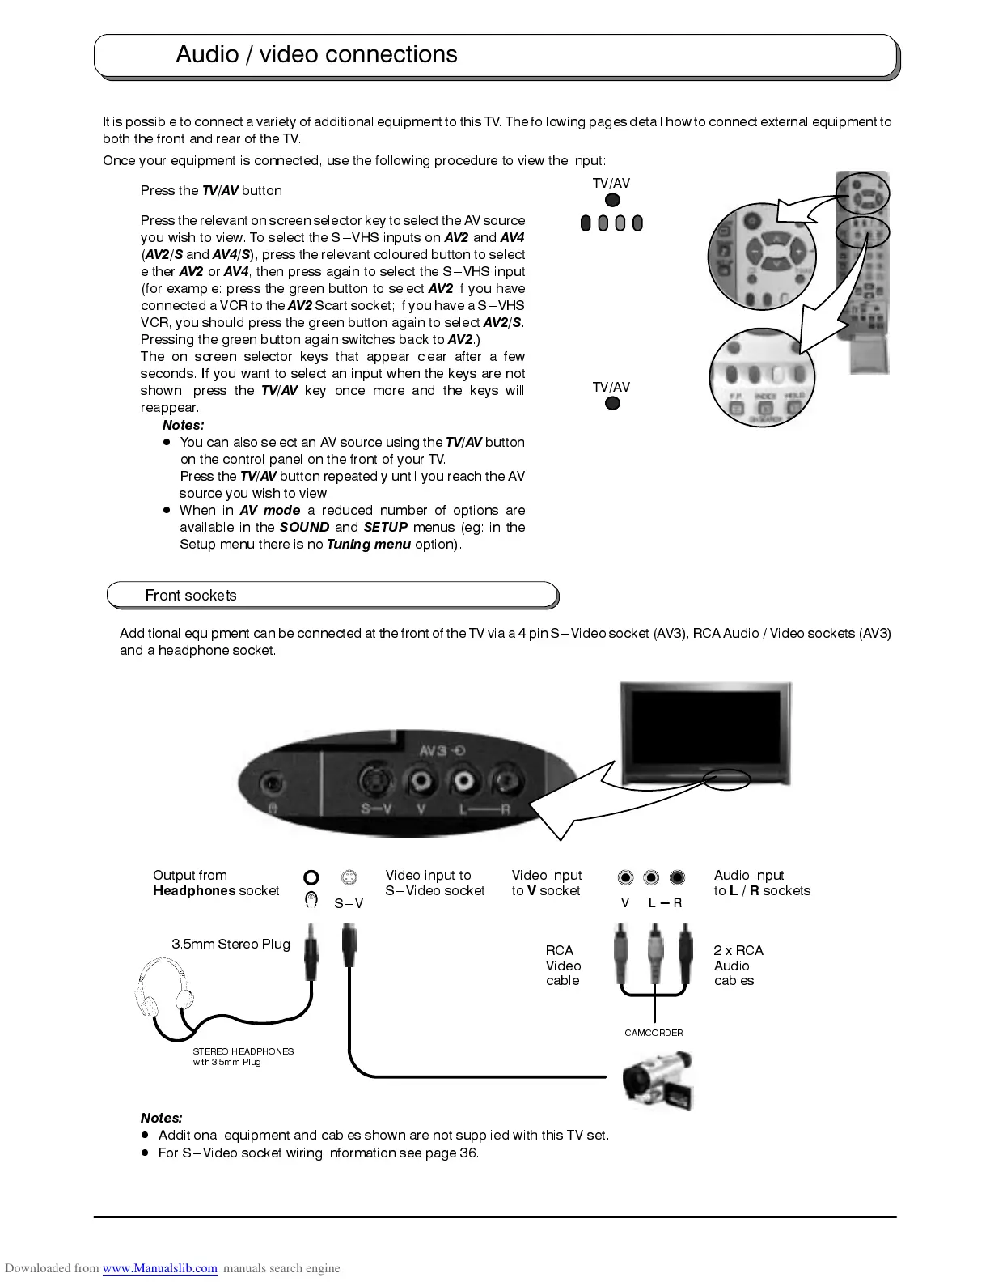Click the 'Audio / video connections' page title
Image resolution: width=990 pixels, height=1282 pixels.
coord(316,54)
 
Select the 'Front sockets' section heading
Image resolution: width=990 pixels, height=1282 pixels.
coord(191,595)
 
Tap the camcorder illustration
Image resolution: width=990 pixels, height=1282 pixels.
coord(658,1080)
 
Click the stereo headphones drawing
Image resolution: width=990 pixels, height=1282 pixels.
coord(164,995)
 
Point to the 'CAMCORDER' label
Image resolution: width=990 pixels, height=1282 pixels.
coord(654,1033)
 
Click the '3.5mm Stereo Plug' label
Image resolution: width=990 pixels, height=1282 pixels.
coord(231,944)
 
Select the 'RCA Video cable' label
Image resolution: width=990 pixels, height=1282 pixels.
coord(563,966)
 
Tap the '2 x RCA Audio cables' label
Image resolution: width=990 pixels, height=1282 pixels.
coord(738,966)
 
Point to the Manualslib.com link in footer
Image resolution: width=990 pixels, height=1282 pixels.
coord(159,1268)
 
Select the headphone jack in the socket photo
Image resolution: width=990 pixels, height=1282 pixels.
coord(273,784)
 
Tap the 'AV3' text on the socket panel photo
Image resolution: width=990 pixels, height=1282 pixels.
coord(434,750)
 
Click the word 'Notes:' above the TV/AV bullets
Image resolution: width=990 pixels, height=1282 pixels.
coord(183,425)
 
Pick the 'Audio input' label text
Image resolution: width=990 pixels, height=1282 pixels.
coord(749,875)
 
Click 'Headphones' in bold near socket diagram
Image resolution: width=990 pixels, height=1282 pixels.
coord(194,890)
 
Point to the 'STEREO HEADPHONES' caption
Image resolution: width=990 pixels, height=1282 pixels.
coord(243,1051)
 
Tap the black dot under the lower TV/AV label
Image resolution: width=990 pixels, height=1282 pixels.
coord(612,403)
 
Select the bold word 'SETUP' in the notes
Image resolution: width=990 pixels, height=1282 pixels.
coord(385,527)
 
